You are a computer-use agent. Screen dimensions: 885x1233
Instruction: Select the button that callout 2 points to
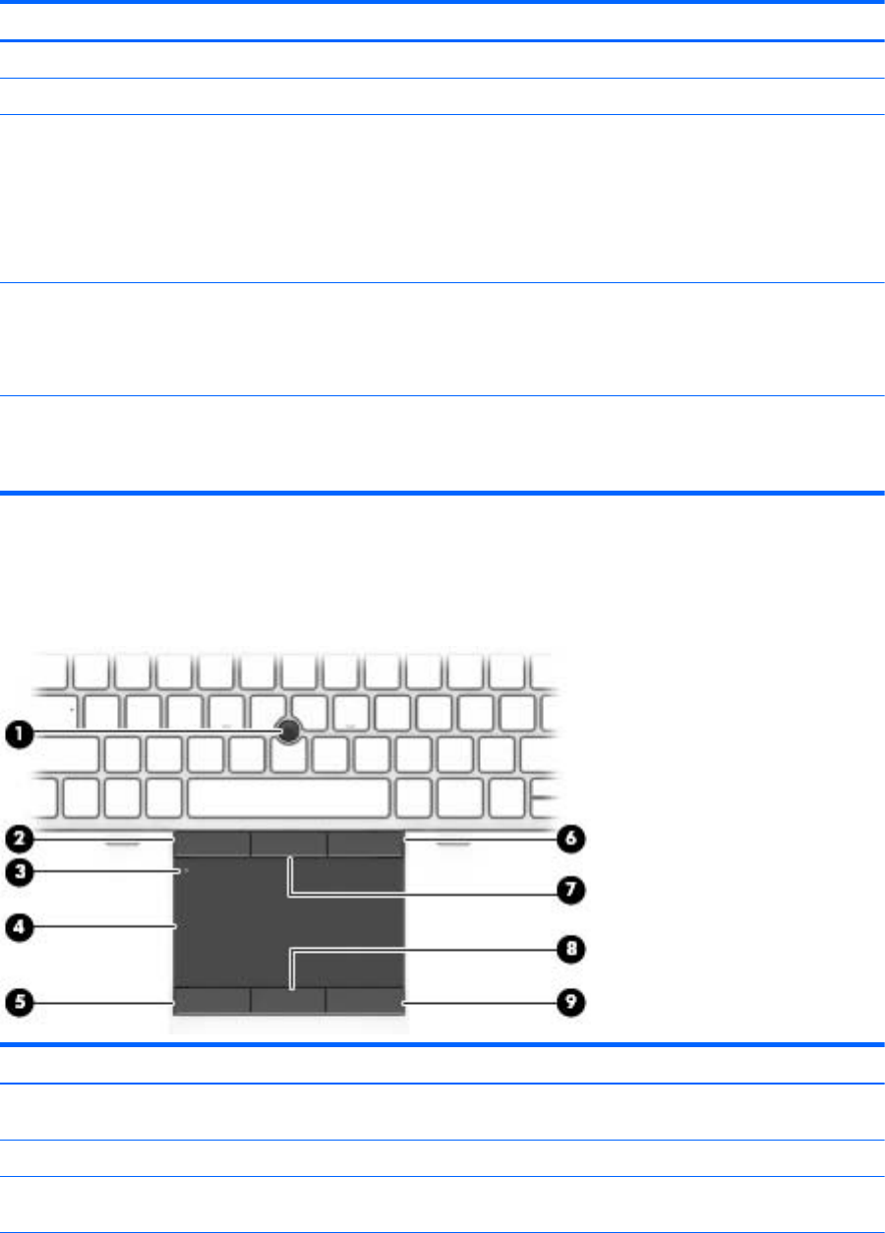pyautogui.click(x=210, y=843)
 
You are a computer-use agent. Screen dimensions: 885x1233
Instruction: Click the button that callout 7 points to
pyautogui.click(x=288, y=843)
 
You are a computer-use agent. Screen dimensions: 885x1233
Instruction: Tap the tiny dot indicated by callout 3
pyautogui.click(x=185, y=870)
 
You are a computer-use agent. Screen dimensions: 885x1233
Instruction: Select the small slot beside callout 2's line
pyautogui.click(x=123, y=843)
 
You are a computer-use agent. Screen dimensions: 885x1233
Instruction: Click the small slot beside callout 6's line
pyautogui.click(x=453, y=843)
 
